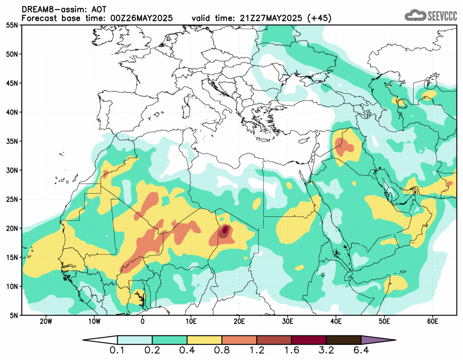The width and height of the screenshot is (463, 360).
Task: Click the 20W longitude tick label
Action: pos(46,321)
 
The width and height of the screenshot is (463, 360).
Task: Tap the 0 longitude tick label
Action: pos(142,321)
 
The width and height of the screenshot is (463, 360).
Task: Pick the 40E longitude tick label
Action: pos(336,321)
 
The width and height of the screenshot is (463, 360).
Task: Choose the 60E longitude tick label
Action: pos(432,321)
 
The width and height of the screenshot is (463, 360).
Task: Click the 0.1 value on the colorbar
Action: pos(117,351)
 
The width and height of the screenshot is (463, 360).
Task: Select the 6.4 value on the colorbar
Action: pos(361,351)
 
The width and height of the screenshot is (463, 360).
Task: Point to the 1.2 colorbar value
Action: pos(256,351)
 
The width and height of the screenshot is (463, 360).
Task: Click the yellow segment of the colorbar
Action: pos(204,340)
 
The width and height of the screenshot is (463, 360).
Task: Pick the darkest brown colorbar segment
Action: pos(343,340)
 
